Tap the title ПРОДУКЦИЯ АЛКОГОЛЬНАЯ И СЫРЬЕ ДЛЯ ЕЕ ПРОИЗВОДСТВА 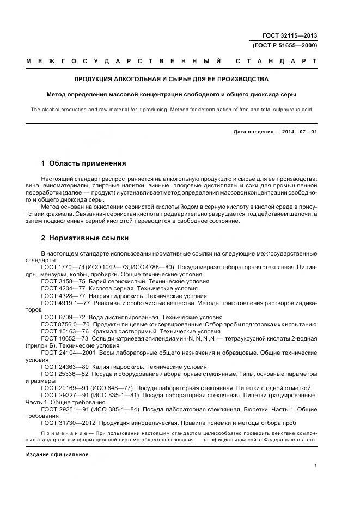coord(172,79)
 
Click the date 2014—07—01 coord(300,132)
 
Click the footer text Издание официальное coord(57,454)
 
